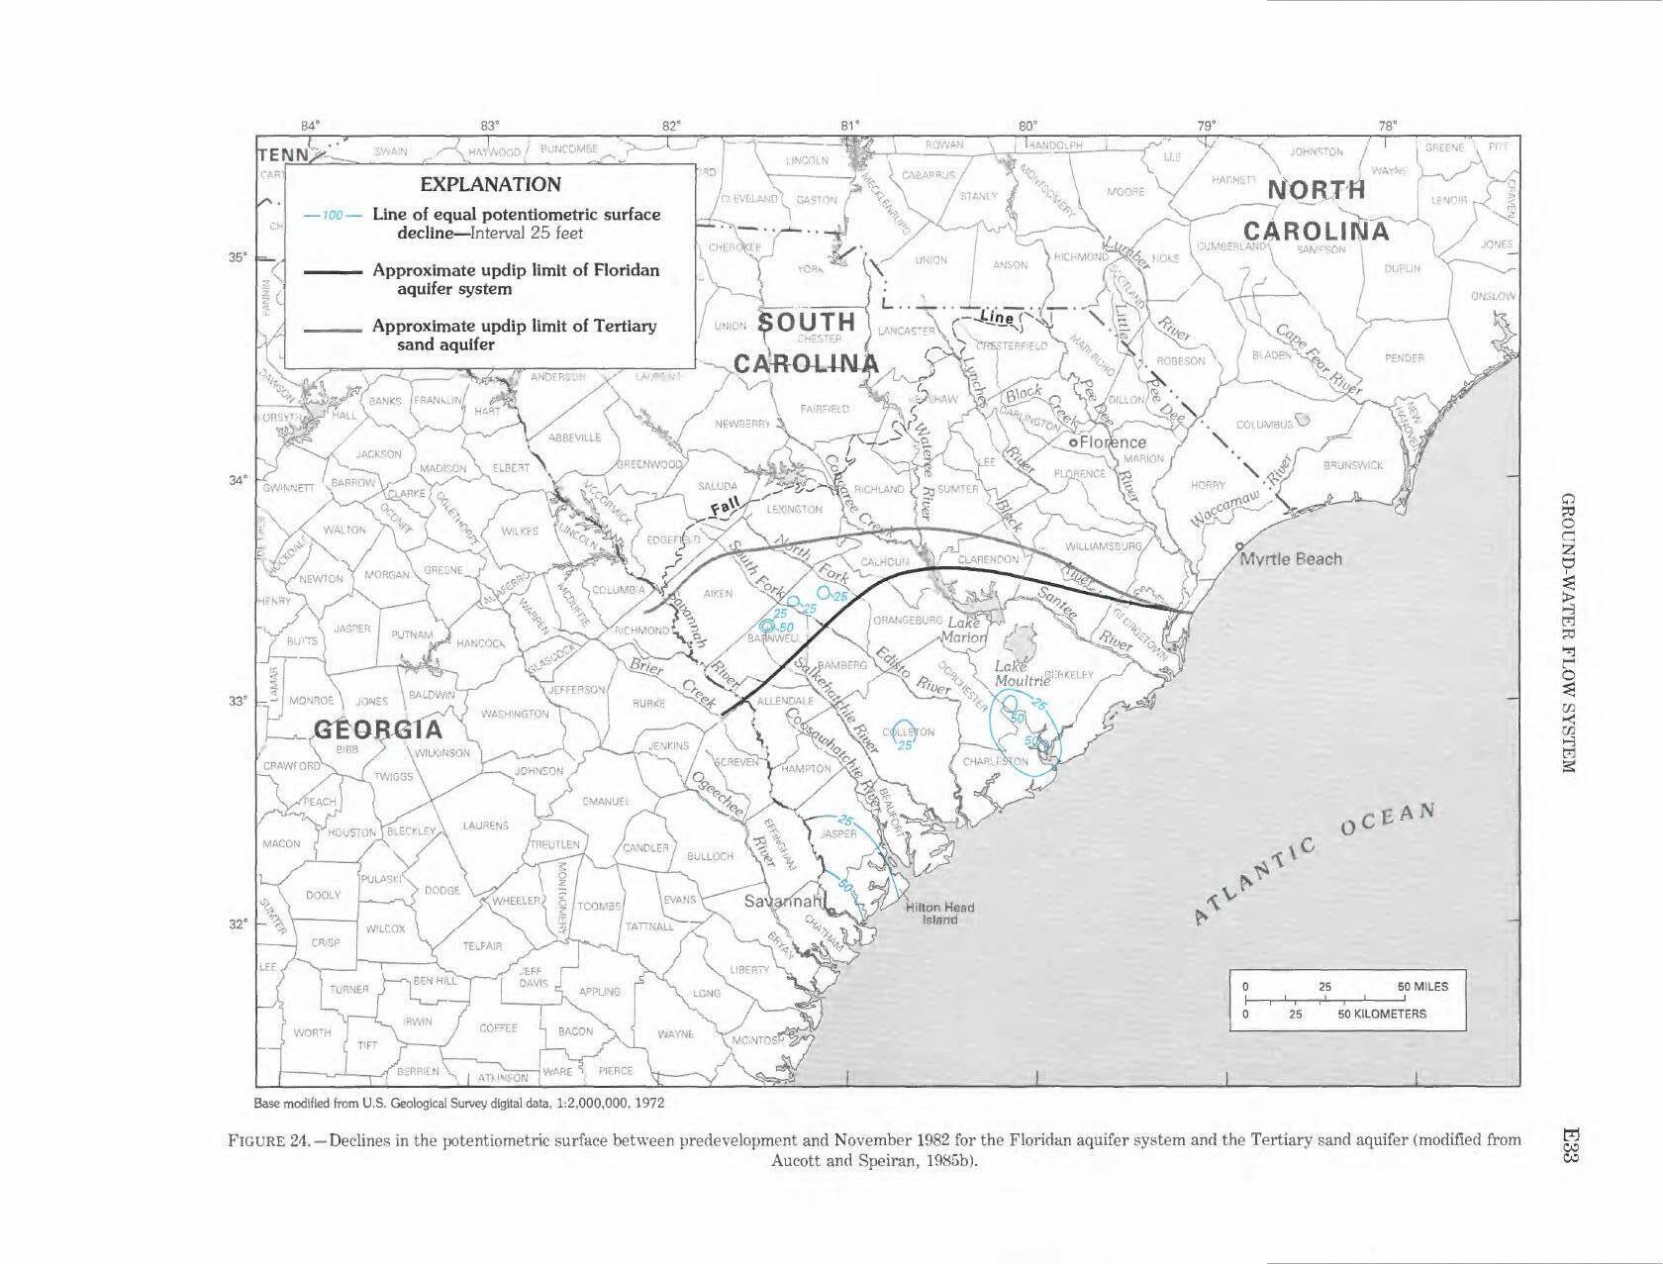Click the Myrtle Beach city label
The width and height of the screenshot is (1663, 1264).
pyautogui.click(x=1293, y=559)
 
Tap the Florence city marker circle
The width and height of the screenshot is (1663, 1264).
pyautogui.click(x=1073, y=443)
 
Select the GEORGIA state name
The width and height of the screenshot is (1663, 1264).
pyautogui.click(x=378, y=730)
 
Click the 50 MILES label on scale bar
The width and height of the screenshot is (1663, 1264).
pyautogui.click(x=1422, y=987)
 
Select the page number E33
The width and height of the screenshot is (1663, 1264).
pyautogui.click(x=1567, y=1148)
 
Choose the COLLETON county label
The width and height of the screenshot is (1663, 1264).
pyautogui.click(x=908, y=732)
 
